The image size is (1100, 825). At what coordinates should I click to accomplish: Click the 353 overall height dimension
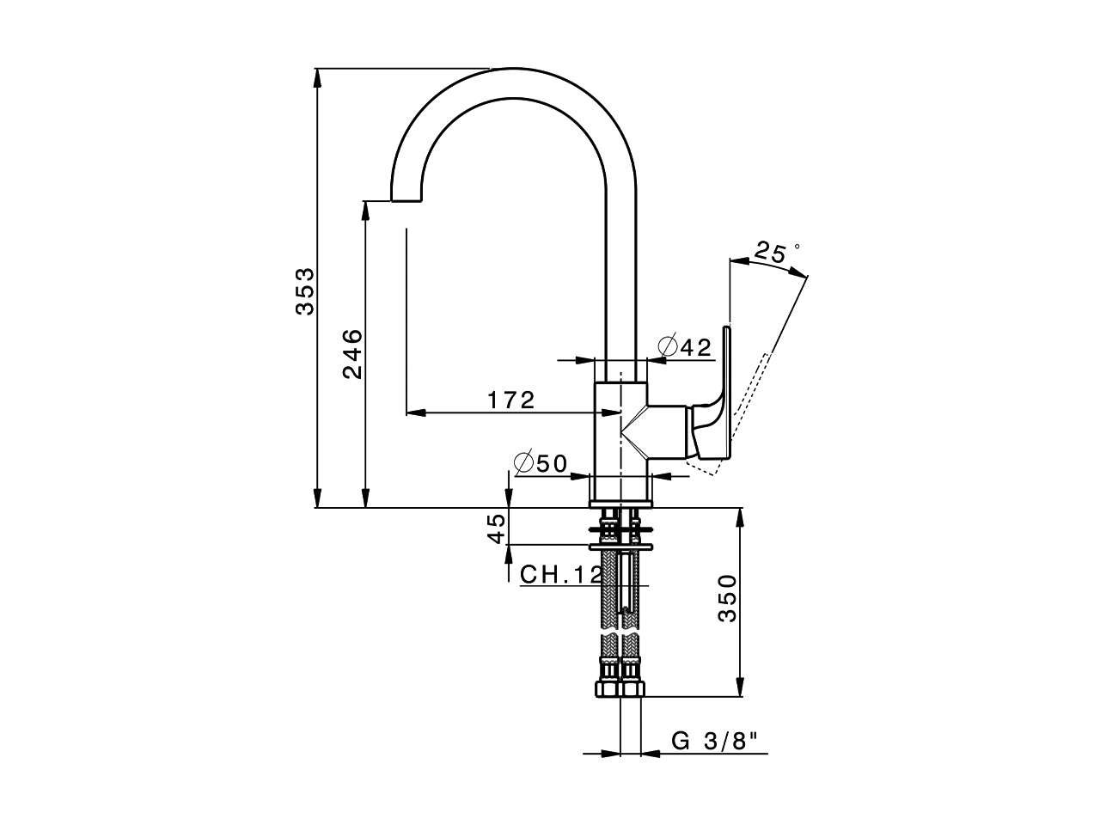click(x=306, y=291)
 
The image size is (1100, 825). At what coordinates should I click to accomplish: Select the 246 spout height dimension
click(x=352, y=352)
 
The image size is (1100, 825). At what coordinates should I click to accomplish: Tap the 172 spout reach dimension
click(x=511, y=400)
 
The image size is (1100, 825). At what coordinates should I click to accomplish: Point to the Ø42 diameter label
click(x=685, y=346)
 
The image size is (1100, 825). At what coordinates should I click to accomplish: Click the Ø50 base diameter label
click(x=541, y=463)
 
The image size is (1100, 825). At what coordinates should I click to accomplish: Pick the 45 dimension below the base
click(x=497, y=528)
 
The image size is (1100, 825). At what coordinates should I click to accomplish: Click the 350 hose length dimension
click(x=727, y=598)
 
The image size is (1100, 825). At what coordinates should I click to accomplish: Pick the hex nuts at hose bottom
click(x=620, y=690)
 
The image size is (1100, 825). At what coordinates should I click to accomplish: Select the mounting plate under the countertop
click(x=620, y=546)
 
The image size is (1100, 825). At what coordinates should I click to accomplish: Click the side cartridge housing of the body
click(x=669, y=431)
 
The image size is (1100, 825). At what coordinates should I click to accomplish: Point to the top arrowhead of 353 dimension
click(x=318, y=76)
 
